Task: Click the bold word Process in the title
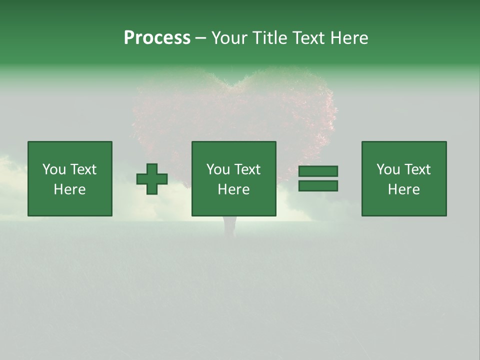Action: (157, 38)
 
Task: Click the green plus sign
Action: (152, 179)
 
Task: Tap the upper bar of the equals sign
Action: (318, 171)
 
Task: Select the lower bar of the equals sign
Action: (318, 185)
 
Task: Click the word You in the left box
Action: (54, 169)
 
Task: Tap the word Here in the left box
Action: (70, 189)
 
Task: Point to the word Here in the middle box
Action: (234, 189)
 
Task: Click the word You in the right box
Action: (388, 169)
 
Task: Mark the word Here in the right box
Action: (404, 189)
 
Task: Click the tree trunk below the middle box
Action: (229, 225)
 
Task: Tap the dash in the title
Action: (200, 38)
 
